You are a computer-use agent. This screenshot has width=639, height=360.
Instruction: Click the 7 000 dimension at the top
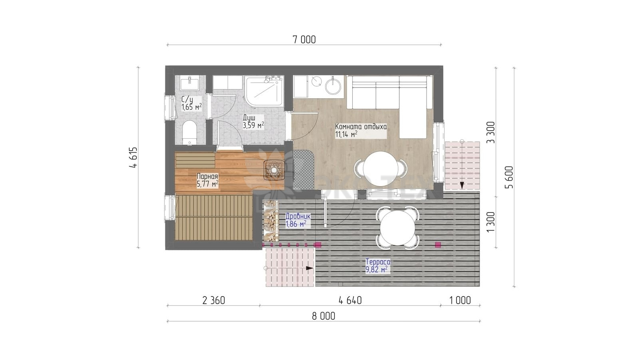click(x=304, y=40)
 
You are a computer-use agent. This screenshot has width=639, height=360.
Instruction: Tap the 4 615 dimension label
click(x=133, y=157)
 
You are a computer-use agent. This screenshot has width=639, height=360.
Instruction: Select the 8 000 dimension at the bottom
click(x=323, y=316)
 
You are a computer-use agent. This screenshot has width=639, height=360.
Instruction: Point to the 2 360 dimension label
click(x=214, y=300)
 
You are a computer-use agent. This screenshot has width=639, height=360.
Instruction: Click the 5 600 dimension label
click(x=509, y=177)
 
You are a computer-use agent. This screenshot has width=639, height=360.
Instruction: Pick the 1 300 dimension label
click(x=491, y=222)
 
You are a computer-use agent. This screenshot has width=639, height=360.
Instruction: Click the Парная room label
click(x=207, y=177)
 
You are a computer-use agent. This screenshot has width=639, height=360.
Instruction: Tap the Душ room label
click(x=249, y=117)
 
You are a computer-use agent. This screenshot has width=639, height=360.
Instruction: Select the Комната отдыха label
click(x=361, y=127)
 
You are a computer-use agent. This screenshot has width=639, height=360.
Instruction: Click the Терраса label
click(x=378, y=261)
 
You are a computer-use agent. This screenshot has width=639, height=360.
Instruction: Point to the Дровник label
click(x=298, y=216)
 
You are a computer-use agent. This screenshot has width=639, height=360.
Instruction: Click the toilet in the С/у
click(x=189, y=133)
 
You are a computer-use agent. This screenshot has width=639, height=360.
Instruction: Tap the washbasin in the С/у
click(x=189, y=83)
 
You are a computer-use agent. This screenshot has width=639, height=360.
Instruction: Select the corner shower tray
click(x=264, y=91)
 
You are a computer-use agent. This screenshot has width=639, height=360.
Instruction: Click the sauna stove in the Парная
click(x=274, y=170)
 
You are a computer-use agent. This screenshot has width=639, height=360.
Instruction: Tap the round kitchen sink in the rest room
click(x=333, y=86)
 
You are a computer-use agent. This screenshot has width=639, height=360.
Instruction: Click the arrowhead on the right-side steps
click(x=462, y=185)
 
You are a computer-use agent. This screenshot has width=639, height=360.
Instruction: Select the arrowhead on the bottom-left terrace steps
click(x=310, y=268)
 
